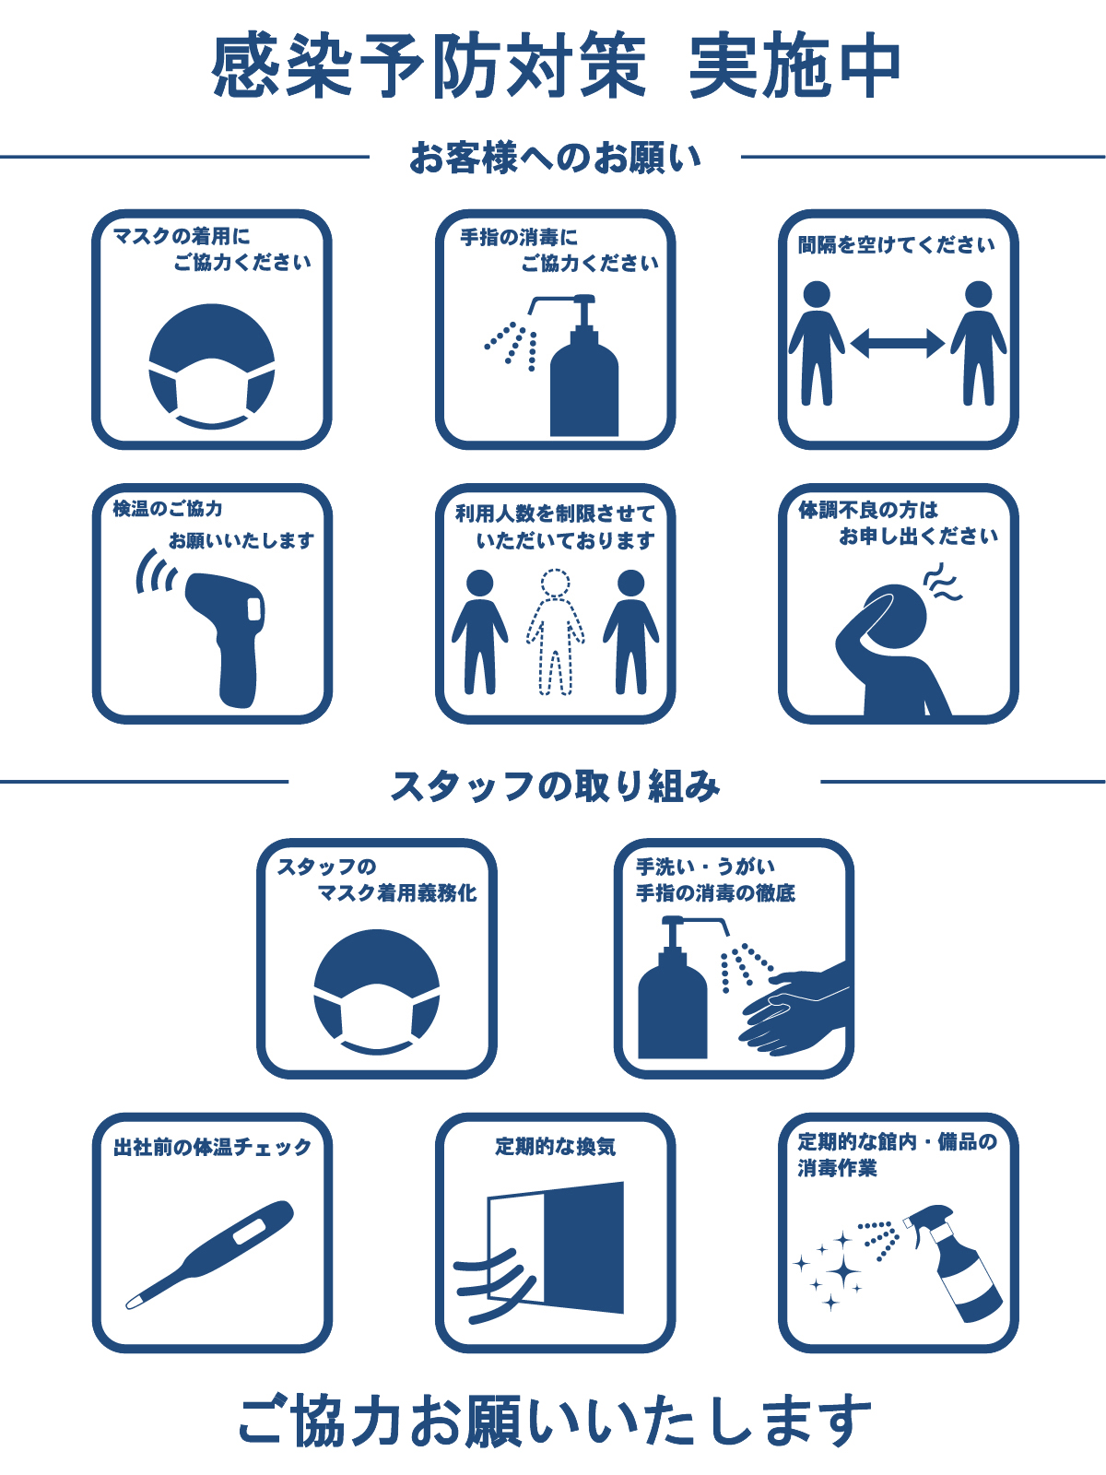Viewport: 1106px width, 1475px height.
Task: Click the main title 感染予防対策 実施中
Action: pyautogui.click(x=556, y=65)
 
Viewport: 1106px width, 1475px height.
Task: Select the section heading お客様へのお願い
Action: pyautogui.click(x=555, y=158)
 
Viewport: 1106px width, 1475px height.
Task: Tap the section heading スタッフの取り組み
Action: pyautogui.click(x=555, y=785)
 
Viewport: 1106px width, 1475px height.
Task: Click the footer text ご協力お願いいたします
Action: pyautogui.click(x=555, y=1419)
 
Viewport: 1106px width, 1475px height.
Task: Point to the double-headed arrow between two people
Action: pyautogui.click(x=897, y=343)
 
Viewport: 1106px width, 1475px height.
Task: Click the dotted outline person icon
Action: pyautogui.click(x=556, y=632)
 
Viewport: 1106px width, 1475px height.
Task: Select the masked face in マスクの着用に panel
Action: pyautogui.click(x=212, y=367)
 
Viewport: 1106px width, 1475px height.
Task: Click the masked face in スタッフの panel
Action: pyautogui.click(x=377, y=993)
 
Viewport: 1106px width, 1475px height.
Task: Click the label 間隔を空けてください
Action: pyautogui.click(x=896, y=244)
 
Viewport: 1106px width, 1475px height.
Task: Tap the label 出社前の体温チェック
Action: pyautogui.click(x=212, y=1147)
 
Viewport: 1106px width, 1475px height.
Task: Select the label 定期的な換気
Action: pyautogui.click(x=556, y=1147)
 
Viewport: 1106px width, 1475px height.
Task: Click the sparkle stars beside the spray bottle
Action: pyautogui.click(x=828, y=1269)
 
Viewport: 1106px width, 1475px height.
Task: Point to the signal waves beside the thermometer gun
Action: pyautogui.click(x=156, y=572)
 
